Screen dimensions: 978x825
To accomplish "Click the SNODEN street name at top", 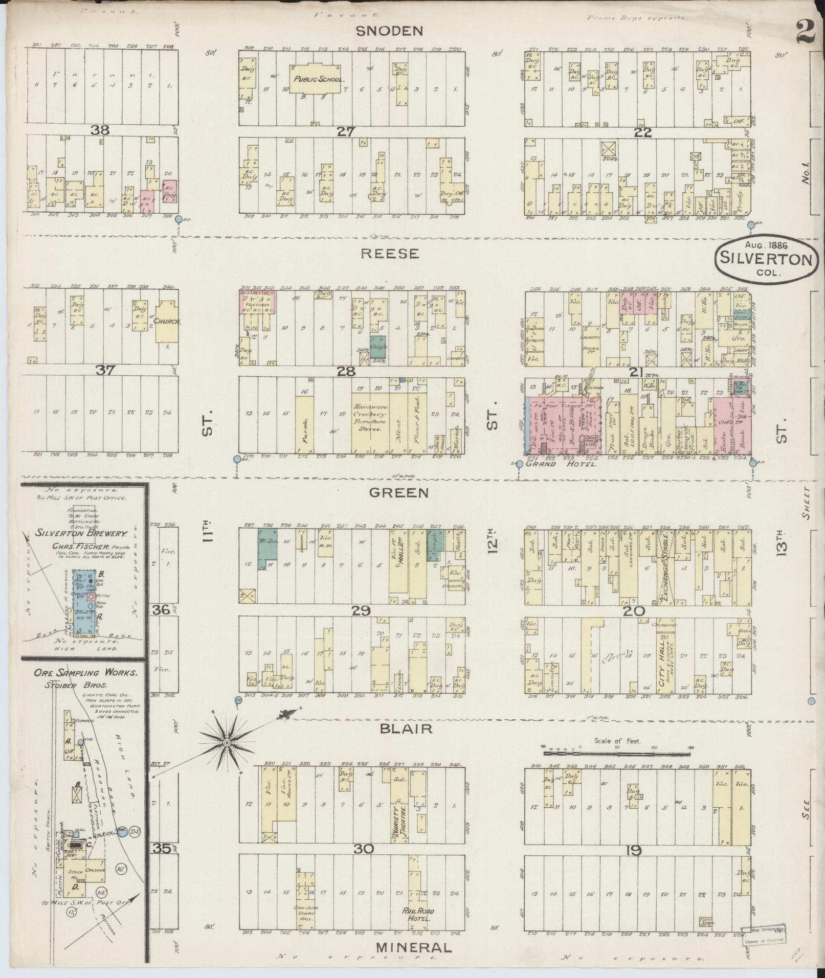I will (390, 31).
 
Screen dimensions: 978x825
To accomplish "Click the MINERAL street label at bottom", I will (414, 947).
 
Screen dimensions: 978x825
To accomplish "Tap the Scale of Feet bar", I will (617, 752).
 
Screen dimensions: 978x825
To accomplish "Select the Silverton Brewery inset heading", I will (81, 533).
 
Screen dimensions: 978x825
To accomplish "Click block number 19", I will (633, 850).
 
